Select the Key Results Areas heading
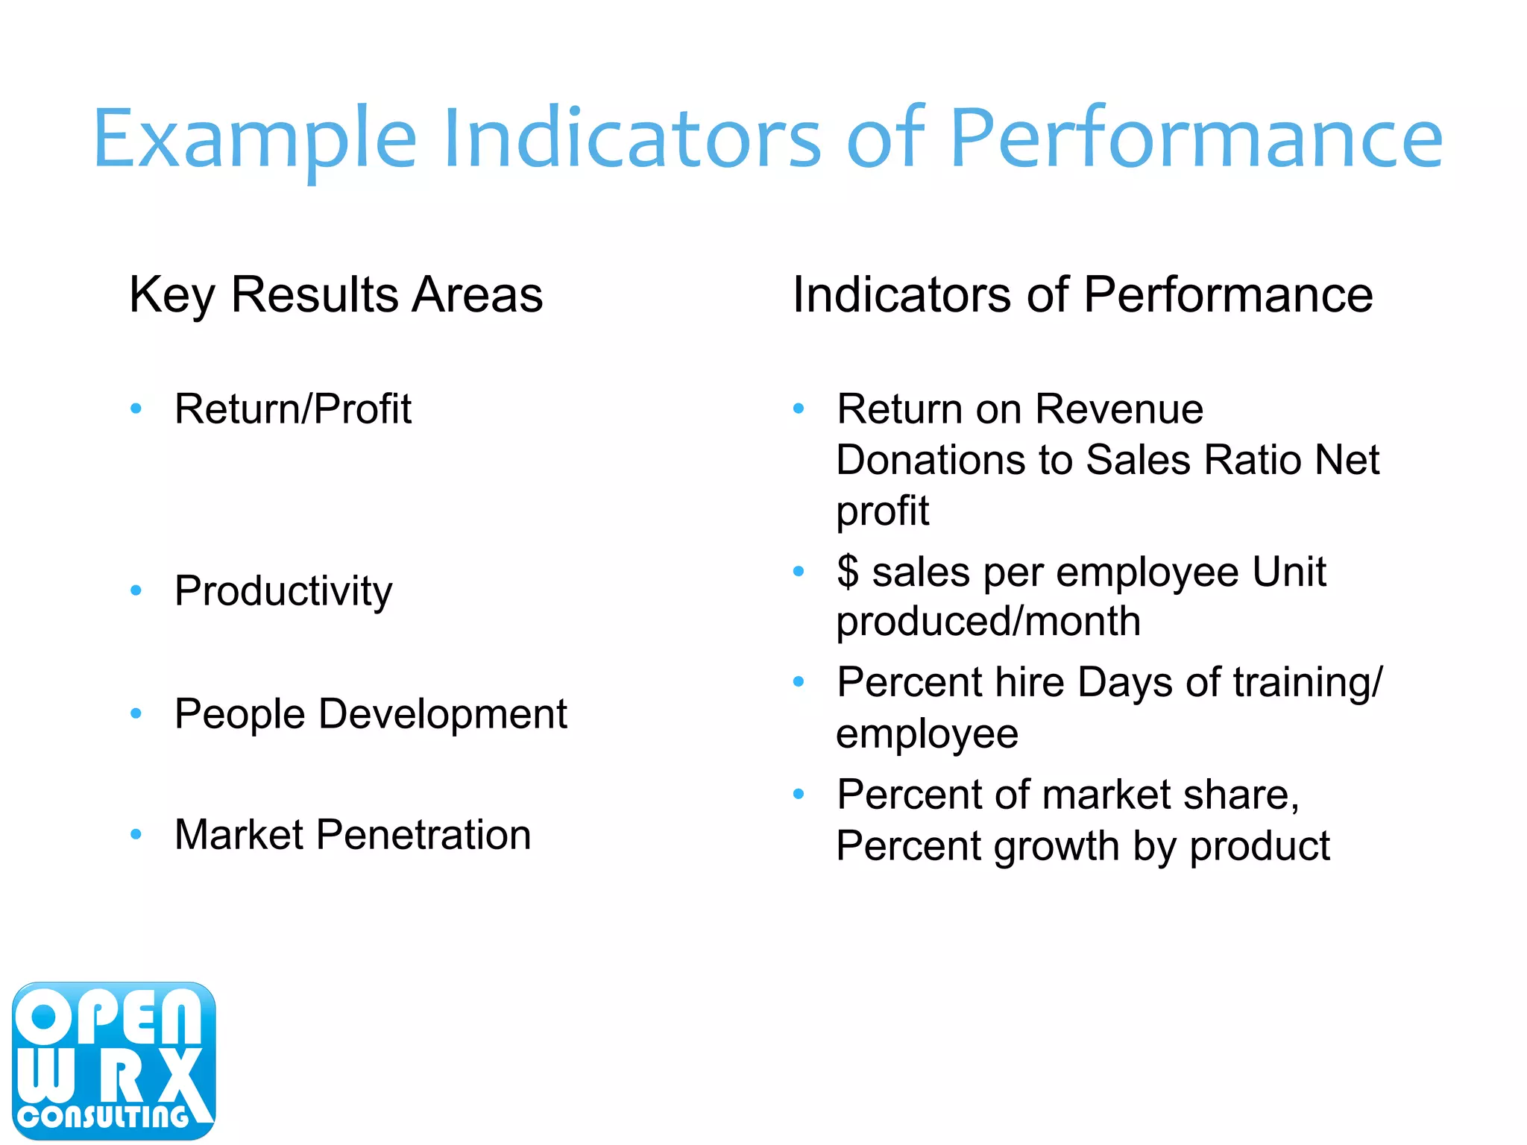(336, 295)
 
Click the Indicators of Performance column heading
(1082, 295)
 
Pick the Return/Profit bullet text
(292, 409)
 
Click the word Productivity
(283, 591)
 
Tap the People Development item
(371, 714)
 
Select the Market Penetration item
(352, 834)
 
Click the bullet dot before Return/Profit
(136, 409)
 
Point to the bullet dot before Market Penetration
(136, 834)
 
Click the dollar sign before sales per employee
(848, 572)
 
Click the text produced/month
(988, 622)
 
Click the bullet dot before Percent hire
(799, 681)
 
